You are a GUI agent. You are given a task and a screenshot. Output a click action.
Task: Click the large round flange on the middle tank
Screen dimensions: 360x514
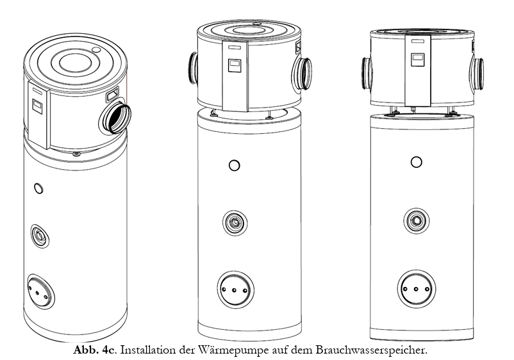tap(235, 290)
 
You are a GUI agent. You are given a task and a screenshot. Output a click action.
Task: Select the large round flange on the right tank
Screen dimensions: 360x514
tap(417, 289)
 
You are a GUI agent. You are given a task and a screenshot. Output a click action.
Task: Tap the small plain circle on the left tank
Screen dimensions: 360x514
tap(38, 188)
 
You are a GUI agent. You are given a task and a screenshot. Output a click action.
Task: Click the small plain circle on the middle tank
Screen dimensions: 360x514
tap(235, 165)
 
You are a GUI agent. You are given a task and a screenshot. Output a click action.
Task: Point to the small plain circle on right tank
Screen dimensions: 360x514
tap(417, 162)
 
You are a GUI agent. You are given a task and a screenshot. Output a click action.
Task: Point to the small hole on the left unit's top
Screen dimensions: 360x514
tap(96, 50)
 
